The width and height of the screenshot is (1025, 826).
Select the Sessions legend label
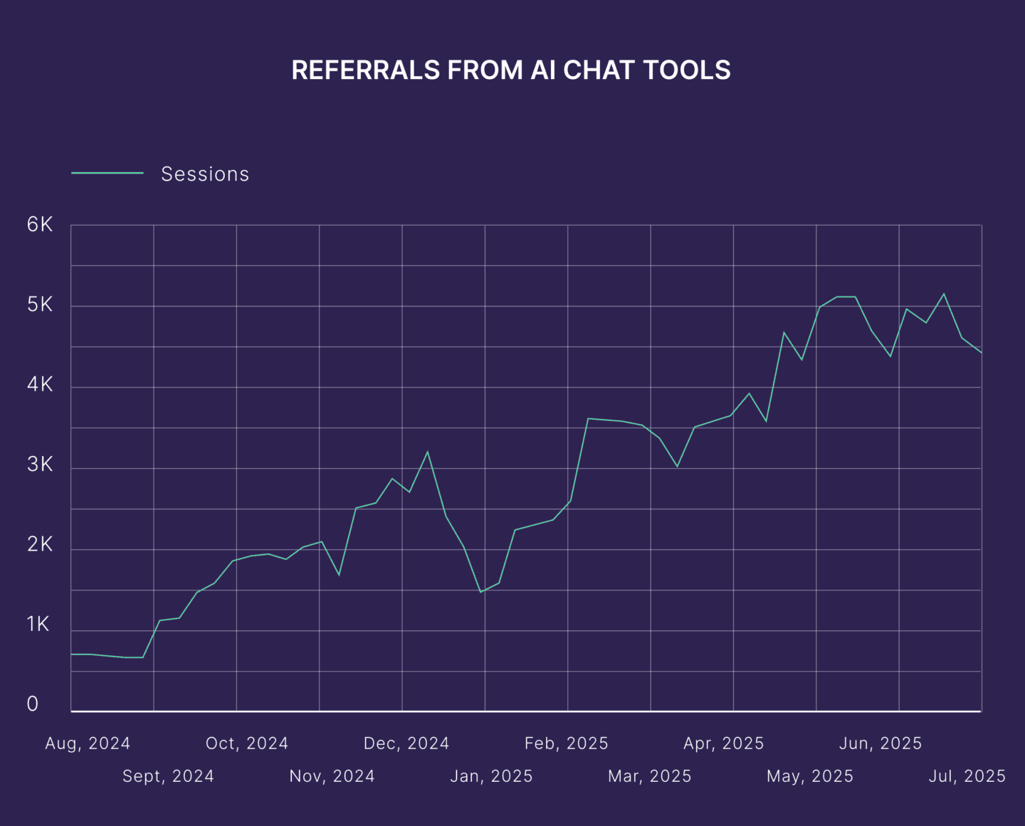[x=205, y=174]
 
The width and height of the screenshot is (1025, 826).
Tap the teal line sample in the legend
[x=107, y=173]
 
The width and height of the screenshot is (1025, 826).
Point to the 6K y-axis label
[x=40, y=225]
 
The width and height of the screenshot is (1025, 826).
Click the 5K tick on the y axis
[x=40, y=305]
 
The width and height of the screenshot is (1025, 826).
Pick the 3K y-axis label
[x=40, y=465]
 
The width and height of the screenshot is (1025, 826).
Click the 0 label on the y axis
[x=33, y=704]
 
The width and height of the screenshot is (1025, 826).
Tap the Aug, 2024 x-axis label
[x=88, y=743]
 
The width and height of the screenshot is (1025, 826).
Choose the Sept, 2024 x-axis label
[x=168, y=776]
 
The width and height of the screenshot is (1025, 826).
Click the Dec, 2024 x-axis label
[x=406, y=743]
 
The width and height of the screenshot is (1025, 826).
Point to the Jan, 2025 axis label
[x=491, y=776]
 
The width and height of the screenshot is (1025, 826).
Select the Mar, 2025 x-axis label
[x=650, y=776]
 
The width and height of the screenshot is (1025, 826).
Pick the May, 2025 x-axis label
[x=810, y=776]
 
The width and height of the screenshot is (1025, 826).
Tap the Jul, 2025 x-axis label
[x=967, y=776]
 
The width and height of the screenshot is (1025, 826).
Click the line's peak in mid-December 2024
[x=427, y=452]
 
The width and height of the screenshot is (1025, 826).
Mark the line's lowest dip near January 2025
[x=480, y=592]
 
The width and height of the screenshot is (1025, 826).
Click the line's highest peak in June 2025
[x=944, y=294]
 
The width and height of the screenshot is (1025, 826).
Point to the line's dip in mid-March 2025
[x=677, y=467]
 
